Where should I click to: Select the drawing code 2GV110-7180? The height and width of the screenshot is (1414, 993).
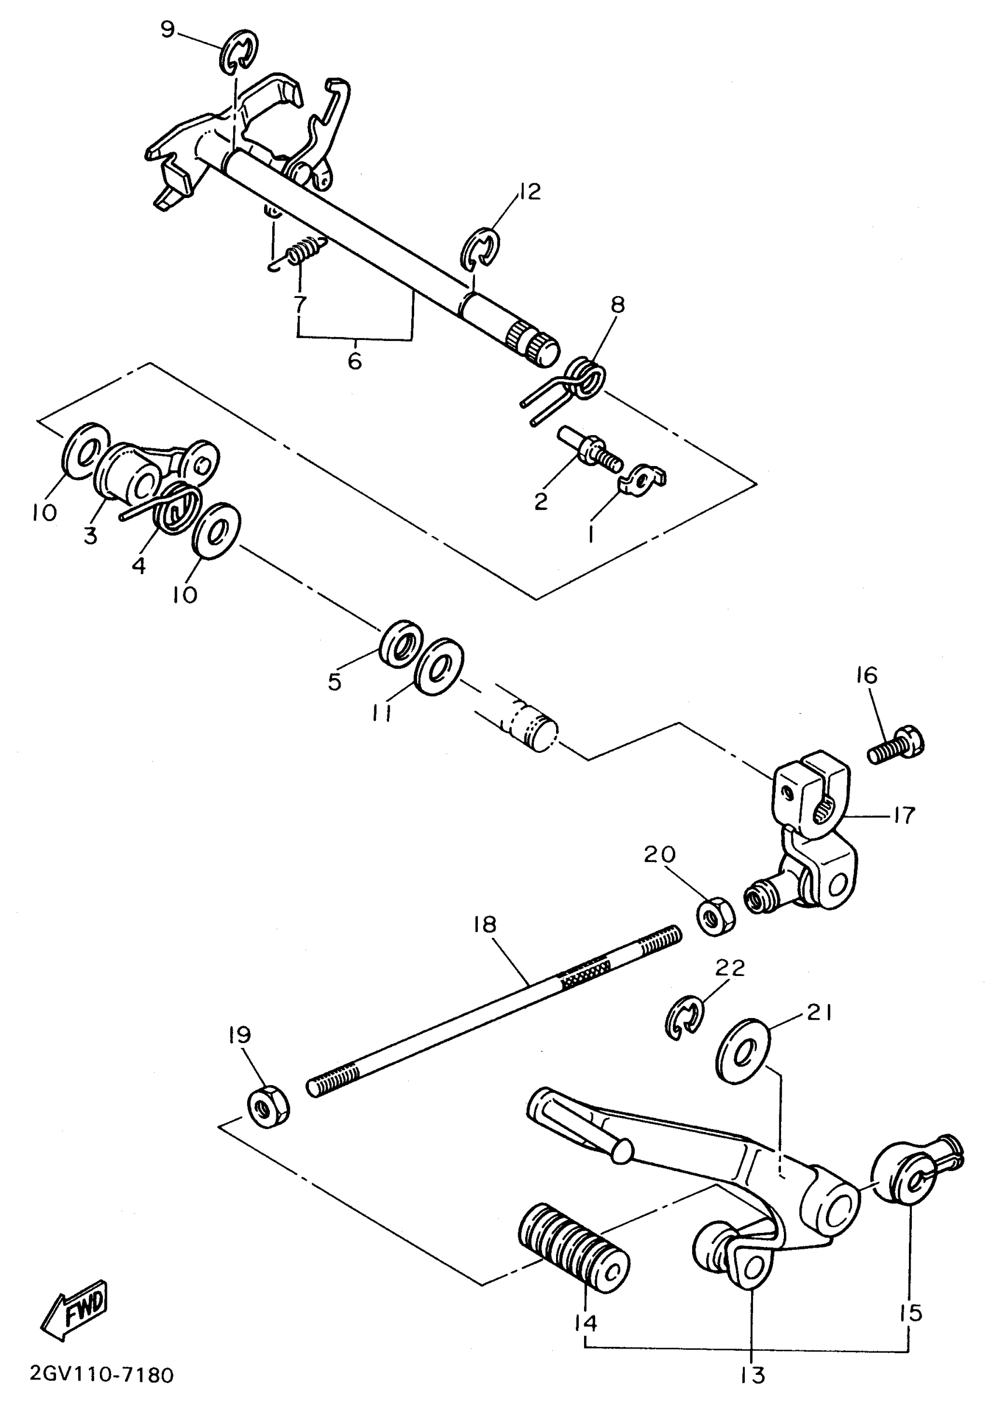[x=102, y=1375]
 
